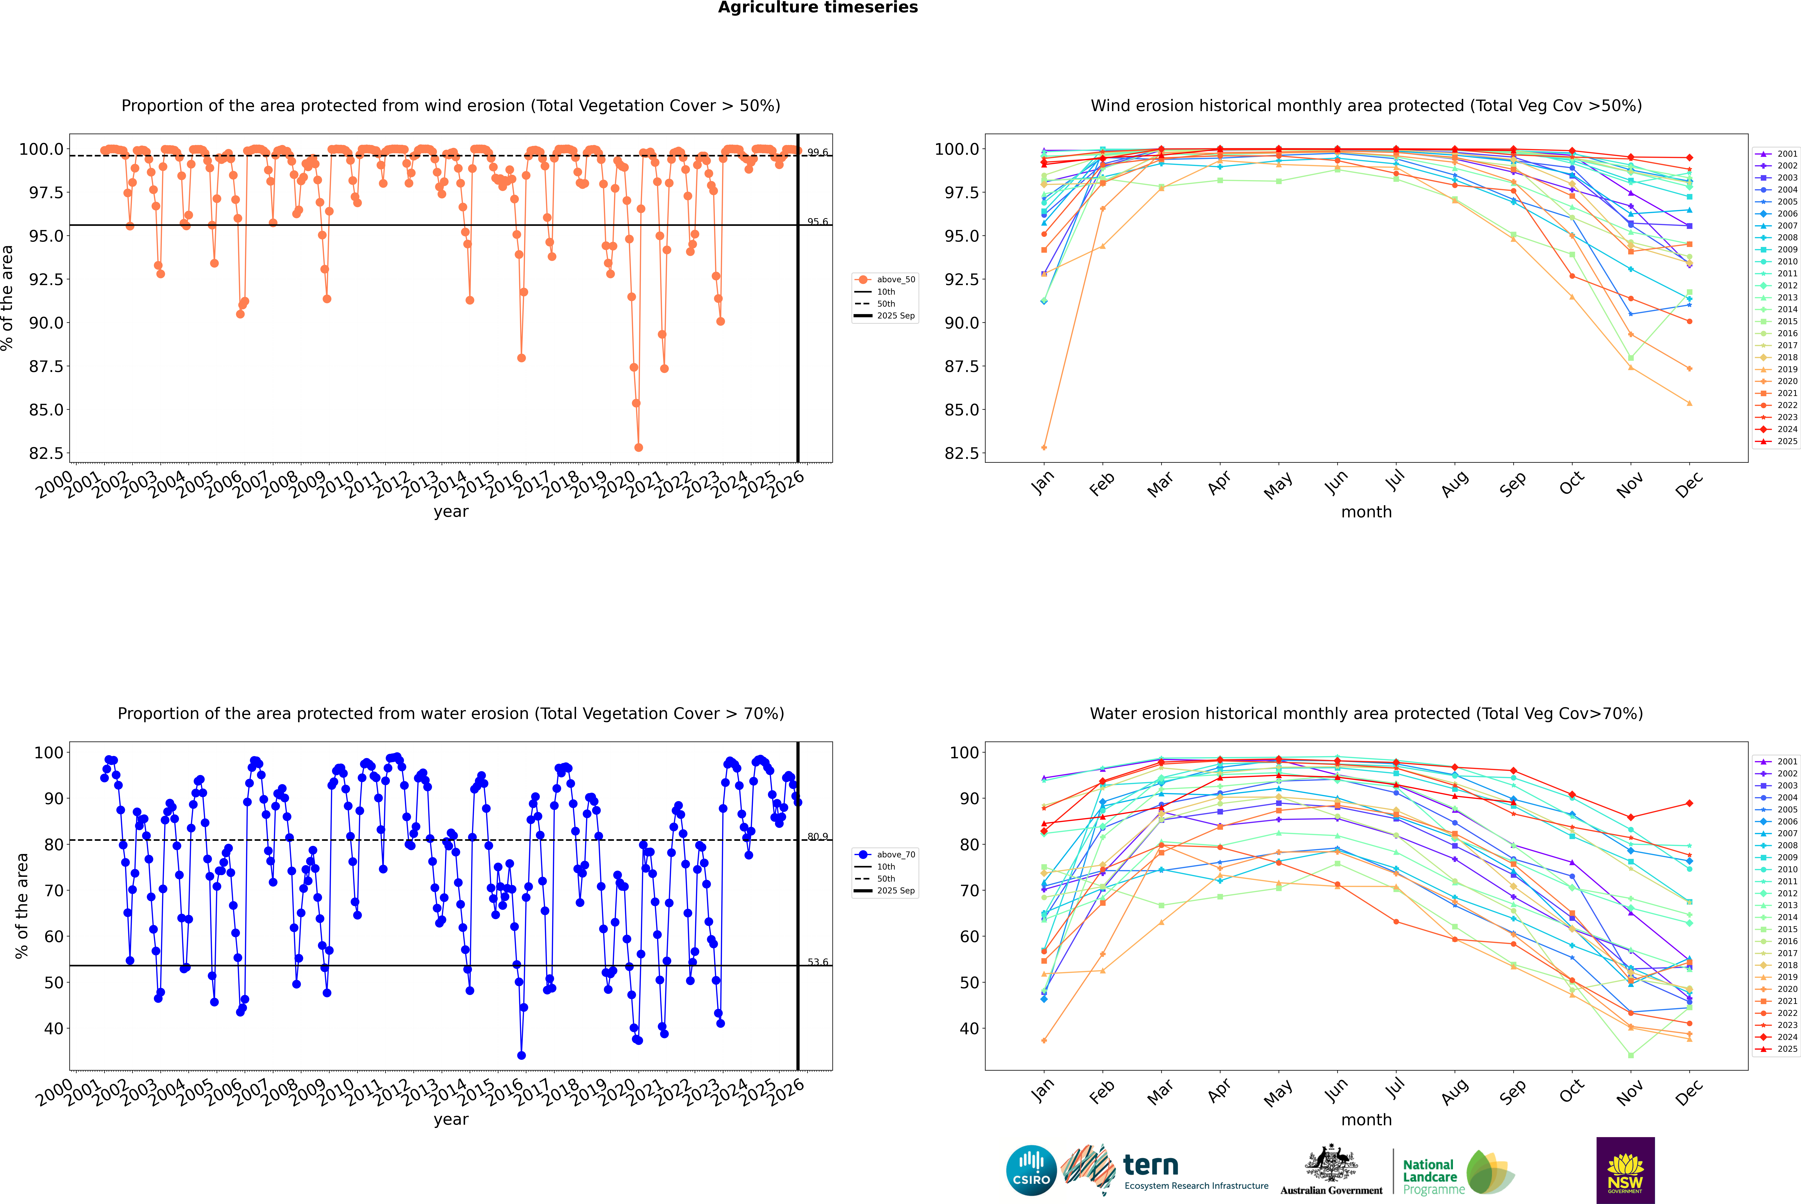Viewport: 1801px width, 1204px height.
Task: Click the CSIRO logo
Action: coord(1031,1170)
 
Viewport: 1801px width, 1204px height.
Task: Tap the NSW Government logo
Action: coord(1625,1170)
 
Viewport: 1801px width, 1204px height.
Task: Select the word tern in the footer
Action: coord(1150,1165)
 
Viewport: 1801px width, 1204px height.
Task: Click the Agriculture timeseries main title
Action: coord(818,8)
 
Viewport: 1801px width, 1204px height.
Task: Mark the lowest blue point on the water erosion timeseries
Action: coord(521,1055)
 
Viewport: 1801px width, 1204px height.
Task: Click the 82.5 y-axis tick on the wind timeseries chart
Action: coord(46,453)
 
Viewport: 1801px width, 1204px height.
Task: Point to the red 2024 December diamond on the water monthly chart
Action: coord(1689,803)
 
